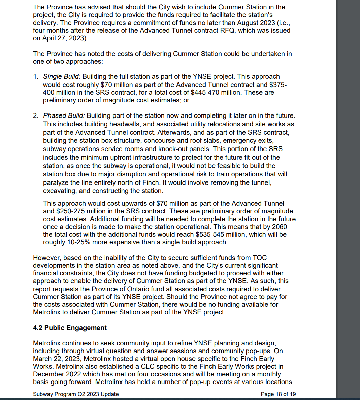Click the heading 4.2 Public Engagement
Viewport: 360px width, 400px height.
70,328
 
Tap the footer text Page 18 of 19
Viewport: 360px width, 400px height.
278,394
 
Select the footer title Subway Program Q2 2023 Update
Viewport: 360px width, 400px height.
76,394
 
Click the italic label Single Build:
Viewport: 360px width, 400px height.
62,77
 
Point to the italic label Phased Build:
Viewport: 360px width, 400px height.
64,116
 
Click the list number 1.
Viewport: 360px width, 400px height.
35,77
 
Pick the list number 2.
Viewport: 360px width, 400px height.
35,116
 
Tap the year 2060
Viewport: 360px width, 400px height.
280,227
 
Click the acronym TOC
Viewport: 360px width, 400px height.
259,258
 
